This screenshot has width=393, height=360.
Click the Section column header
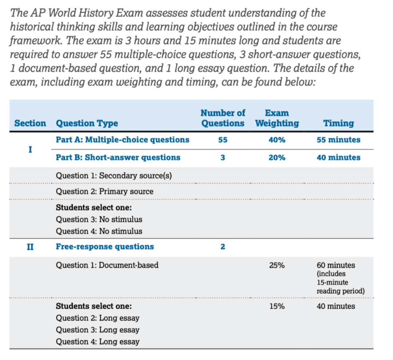point(30,123)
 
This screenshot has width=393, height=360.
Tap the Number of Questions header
point(223,118)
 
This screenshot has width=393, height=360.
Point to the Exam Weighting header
point(277,118)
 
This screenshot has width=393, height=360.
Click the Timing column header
point(339,123)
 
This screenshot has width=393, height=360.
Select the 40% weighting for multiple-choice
point(277,140)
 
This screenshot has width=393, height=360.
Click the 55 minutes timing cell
point(338,140)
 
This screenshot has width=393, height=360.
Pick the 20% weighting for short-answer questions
point(277,158)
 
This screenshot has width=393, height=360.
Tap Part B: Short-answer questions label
point(118,158)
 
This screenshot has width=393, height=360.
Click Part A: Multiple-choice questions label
point(122,140)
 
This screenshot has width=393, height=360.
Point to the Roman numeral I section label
point(31,149)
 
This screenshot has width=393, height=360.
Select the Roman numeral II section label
point(31,247)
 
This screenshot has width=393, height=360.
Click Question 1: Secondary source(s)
point(114,175)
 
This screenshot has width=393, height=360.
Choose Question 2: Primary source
point(104,191)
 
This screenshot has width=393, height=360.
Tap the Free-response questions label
point(104,247)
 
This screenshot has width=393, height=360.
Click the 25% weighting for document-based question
point(277,265)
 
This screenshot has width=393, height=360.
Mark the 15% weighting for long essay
point(277,306)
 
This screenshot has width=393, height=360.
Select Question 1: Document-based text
point(107,265)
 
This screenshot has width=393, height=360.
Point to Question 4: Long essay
point(98,342)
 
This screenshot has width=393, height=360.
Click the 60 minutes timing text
point(336,265)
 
